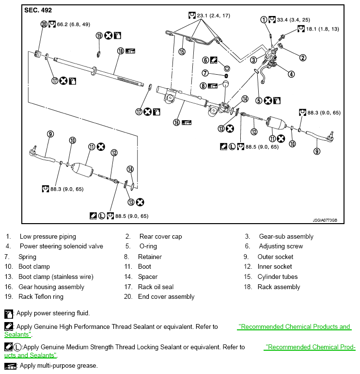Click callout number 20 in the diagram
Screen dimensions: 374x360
click(44, 24)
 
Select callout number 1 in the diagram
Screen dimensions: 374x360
click(264, 20)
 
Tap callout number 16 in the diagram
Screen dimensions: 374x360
click(177, 123)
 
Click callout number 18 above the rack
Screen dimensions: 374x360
click(120, 51)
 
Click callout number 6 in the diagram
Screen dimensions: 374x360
click(205, 60)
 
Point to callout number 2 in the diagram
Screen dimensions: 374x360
click(303, 58)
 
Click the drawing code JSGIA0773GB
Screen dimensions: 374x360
click(325, 220)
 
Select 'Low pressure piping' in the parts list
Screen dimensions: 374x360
click(47, 237)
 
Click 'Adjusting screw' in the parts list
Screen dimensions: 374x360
click(281, 246)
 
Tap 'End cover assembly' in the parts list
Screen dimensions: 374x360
click(166, 297)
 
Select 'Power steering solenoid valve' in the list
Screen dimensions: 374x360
click(61, 246)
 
